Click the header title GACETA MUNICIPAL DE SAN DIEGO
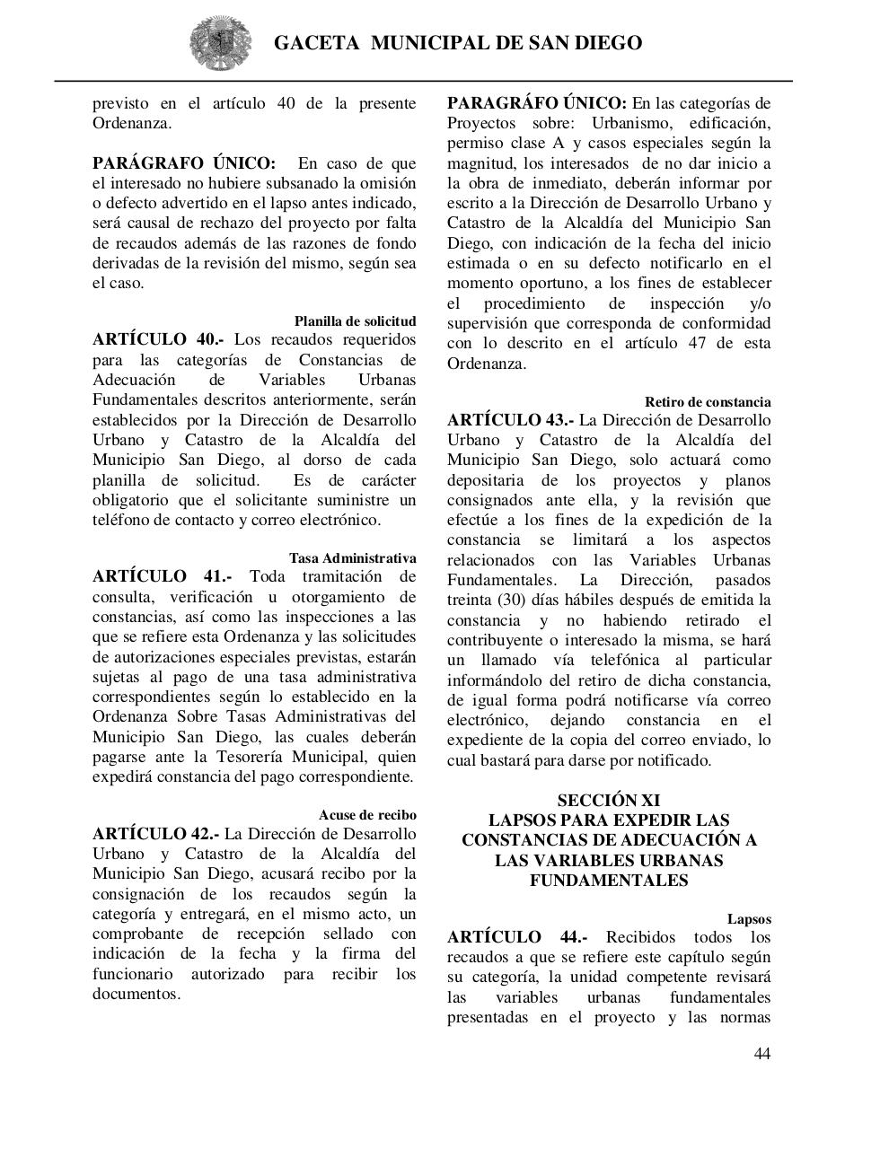(x=457, y=43)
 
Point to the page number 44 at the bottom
(x=761, y=1054)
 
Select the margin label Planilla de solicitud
(x=355, y=320)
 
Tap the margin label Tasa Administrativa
(x=352, y=557)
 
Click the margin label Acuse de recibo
(x=366, y=814)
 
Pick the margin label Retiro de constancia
(x=707, y=401)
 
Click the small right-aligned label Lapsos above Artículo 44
(x=749, y=918)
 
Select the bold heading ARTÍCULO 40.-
(x=158, y=340)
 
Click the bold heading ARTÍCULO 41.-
(x=162, y=576)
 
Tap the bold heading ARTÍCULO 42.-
(x=155, y=834)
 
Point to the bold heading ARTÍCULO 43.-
(x=510, y=420)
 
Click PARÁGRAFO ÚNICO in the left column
(x=183, y=163)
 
